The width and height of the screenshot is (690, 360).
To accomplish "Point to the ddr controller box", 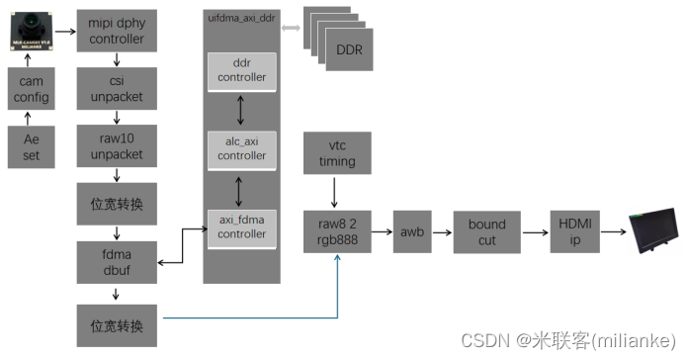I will pyautogui.click(x=242, y=70).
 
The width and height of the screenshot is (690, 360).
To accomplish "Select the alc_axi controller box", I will pyautogui.click(x=242, y=148).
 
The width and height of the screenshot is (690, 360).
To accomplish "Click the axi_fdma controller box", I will pyautogui.click(x=242, y=227).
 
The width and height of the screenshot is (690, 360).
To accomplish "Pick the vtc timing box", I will pyautogui.click(x=337, y=154).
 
